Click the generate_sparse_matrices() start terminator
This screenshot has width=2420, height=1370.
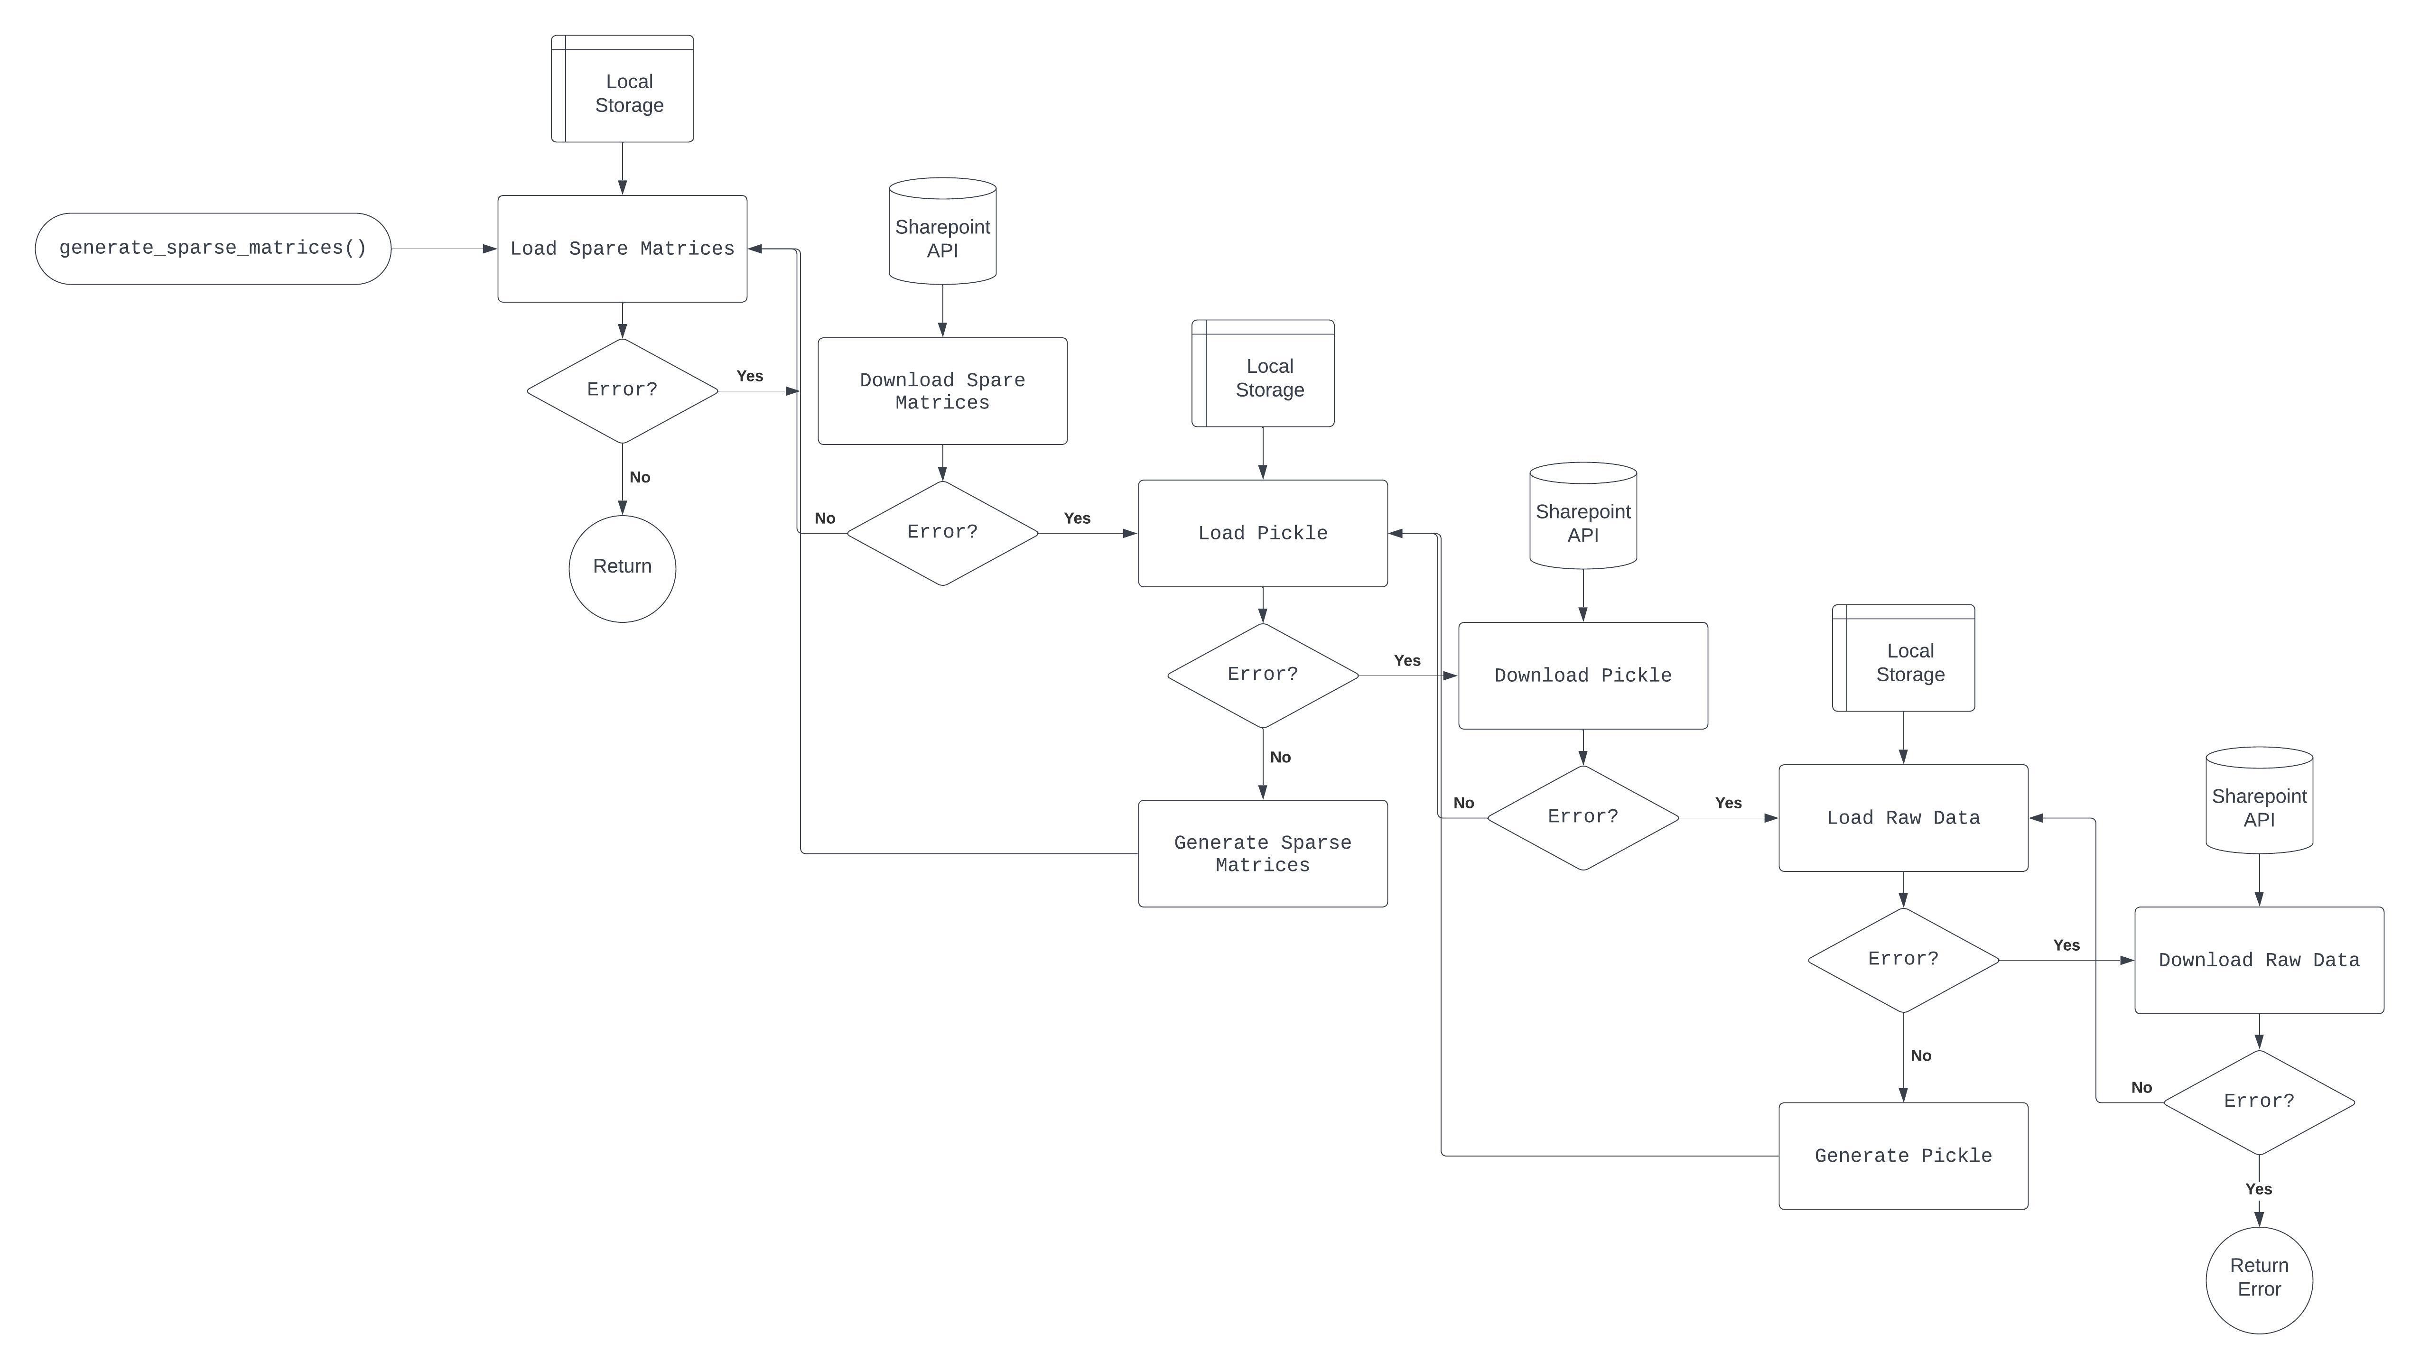(213, 249)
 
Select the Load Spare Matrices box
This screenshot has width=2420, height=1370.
(622, 249)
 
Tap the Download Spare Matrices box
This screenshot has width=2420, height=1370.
(942, 390)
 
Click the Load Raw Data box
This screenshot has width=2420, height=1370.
(1902, 818)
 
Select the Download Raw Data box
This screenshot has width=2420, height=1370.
(2258, 960)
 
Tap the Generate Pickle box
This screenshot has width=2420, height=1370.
(1902, 1156)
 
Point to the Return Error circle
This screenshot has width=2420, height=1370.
(2258, 1280)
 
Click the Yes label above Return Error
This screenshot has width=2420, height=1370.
(2258, 1189)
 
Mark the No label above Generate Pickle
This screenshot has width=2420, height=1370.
(1920, 1056)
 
